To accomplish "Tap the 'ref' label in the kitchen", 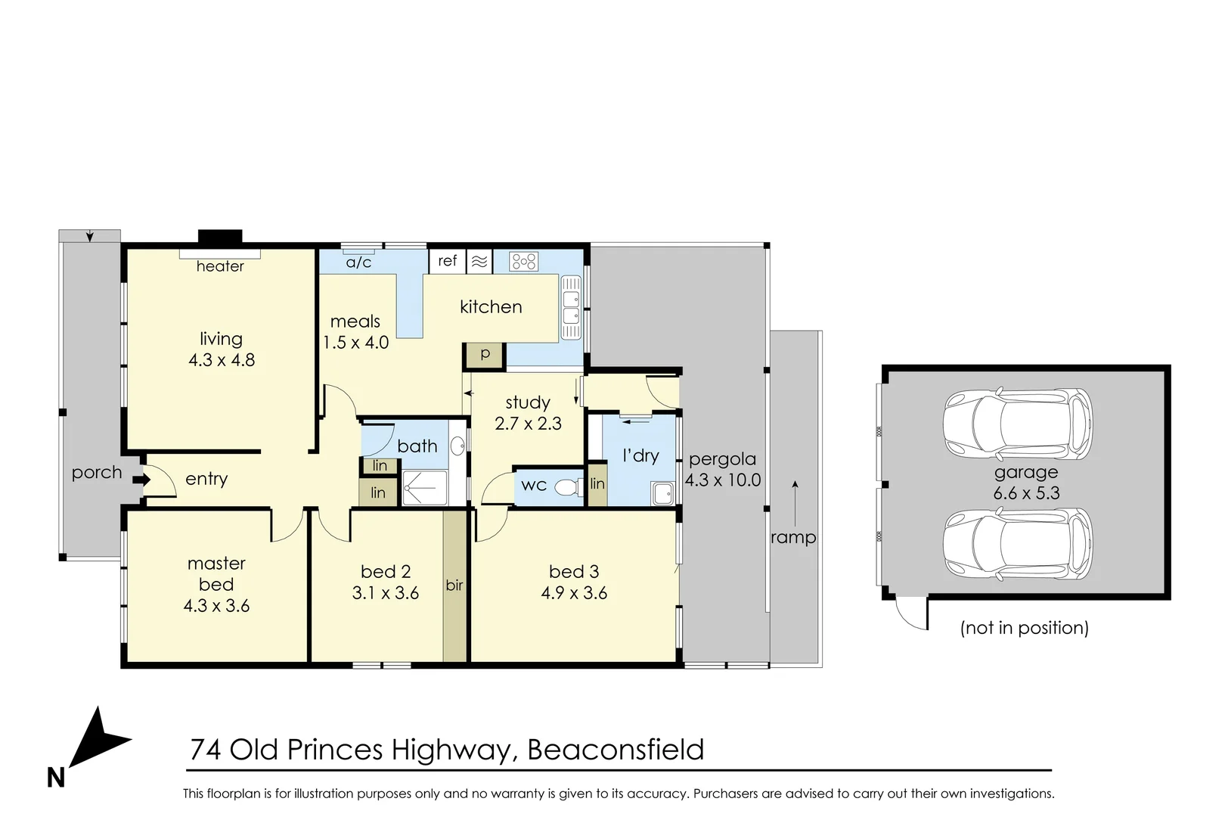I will click(x=448, y=261).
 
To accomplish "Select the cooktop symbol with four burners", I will click(x=523, y=262).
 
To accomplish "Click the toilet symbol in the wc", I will click(x=568, y=486).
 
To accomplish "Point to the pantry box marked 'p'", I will click(x=485, y=355).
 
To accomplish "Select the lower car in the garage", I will click(x=1017, y=542).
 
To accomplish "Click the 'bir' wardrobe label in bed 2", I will click(x=454, y=585).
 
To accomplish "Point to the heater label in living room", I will click(x=220, y=266).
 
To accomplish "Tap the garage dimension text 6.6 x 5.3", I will click(x=1026, y=493).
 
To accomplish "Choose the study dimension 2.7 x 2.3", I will click(x=528, y=424).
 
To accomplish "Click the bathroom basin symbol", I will click(x=457, y=446).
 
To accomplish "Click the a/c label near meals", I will click(x=358, y=262).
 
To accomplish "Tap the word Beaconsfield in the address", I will click(x=616, y=750).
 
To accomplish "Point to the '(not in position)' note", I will click(x=1024, y=628).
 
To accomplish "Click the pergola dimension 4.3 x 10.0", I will click(x=723, y=480).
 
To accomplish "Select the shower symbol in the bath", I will click(x=423, y=488).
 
